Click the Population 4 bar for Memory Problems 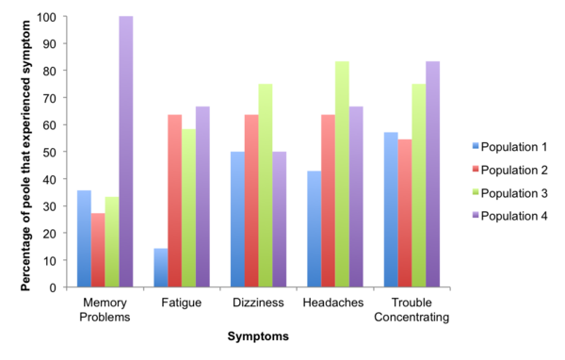124,152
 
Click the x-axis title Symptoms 257,335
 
